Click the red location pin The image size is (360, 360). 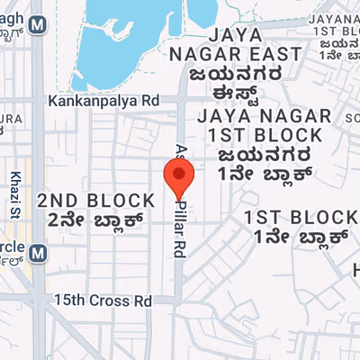click(178, 176)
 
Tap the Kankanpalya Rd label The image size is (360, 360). click(104, 100)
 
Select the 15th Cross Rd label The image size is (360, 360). click(103, 301)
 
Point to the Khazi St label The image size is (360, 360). click(15, 189)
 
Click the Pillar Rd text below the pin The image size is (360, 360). click(179, 232)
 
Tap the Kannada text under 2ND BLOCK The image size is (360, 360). click(96, 219)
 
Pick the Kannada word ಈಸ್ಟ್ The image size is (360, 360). click(247, 94)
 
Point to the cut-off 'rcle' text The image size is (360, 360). click(11, 246)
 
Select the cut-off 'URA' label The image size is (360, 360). click(11, 118)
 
